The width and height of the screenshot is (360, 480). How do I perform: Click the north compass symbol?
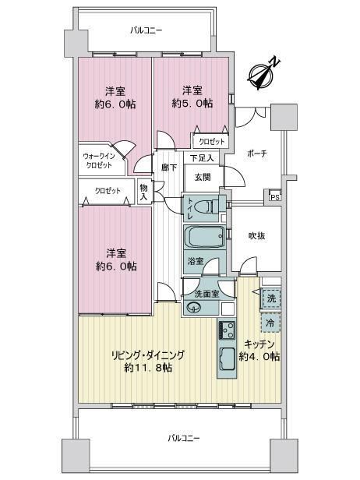pos(262,75)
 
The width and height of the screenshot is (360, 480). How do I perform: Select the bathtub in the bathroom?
pos(204,236)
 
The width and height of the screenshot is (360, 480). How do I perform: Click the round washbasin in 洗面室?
pos(192,307)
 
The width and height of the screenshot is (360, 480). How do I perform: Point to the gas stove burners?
pos(227,330)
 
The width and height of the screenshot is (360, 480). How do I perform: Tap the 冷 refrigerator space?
pos(270,323)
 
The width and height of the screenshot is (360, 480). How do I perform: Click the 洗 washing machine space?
pos(271,298)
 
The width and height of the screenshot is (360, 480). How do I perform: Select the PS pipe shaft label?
pos(275,197)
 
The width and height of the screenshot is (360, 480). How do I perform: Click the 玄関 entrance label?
pos(203,177)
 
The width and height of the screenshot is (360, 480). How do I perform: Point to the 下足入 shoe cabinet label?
pos(201,158)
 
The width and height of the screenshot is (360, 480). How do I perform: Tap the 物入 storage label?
pos(143,192)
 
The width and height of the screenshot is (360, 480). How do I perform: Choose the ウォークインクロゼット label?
pos(98,161)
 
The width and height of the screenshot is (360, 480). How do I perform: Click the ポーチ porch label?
pos(257,154)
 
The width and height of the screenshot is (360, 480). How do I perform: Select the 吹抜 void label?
pos(256,235)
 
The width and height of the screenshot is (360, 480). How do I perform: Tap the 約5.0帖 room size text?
pos(192,104)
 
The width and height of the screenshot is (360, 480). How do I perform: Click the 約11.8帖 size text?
pos(148,367)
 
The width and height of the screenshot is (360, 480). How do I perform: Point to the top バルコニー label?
pos(146,30)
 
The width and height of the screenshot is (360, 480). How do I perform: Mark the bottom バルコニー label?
pos(184,438)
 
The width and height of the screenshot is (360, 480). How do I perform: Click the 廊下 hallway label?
pos(169,168)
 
